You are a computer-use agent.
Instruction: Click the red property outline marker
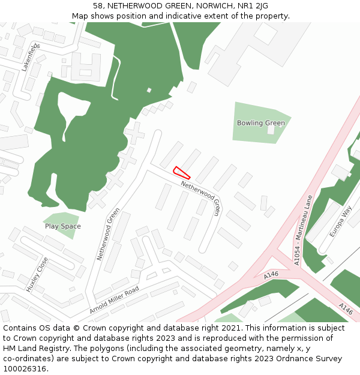tap(182, 173)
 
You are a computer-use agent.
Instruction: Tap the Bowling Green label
tap(260, 123)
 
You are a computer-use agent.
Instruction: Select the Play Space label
tap(62, 226)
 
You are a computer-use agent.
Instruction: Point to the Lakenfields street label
tap(31, 58)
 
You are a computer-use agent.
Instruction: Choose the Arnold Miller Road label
tap(114, 300)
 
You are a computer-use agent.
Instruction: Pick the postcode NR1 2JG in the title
tap(253, 6)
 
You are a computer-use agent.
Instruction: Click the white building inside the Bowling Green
tap(271, 129)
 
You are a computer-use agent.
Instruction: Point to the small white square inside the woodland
tap(149, 91)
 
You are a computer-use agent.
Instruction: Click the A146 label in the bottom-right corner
tap(346, 309)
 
